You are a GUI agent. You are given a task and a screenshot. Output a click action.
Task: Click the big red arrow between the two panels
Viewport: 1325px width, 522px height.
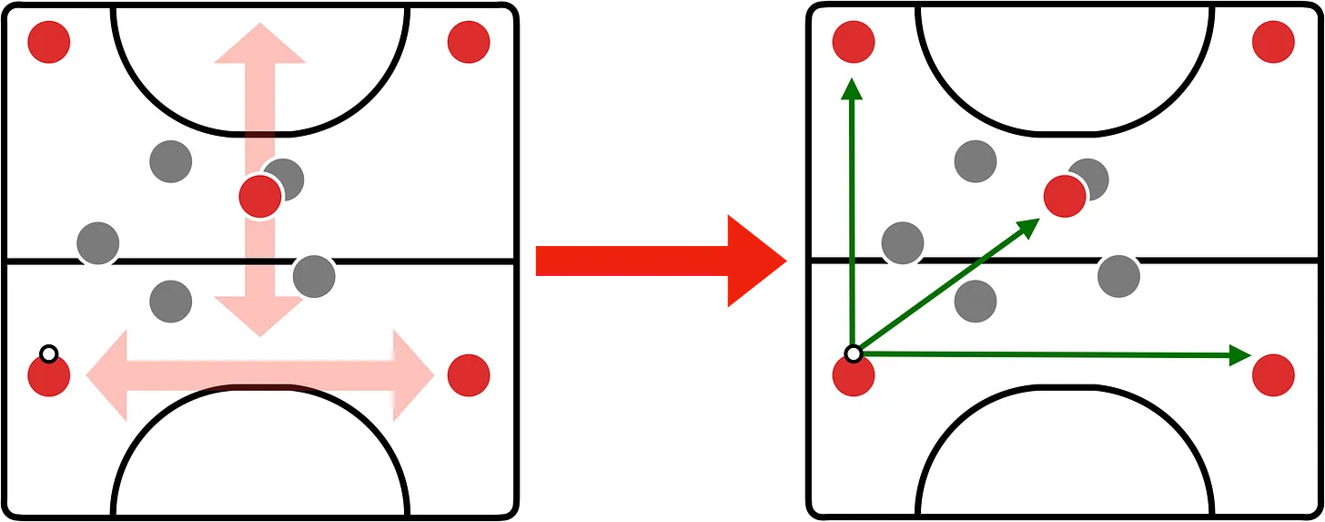click(655, 261)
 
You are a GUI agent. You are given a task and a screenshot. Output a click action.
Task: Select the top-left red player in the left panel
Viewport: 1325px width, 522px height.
click(49, 42)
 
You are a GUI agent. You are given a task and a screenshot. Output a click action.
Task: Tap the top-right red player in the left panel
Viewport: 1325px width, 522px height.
click(469, 42)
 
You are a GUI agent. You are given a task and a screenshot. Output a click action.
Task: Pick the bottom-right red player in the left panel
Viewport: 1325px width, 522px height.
click(469, 375)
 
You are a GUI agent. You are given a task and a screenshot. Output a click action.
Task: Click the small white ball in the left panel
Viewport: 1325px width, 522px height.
click(49, 353)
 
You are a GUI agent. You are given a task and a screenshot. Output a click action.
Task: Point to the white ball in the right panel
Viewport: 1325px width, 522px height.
click(853, 353)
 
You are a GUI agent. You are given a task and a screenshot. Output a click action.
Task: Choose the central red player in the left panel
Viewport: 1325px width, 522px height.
click(260, 196)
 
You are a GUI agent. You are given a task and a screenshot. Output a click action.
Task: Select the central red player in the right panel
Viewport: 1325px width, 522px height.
click(1065, 196)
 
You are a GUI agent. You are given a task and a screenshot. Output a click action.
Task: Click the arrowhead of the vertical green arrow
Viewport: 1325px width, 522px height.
click(852, 87)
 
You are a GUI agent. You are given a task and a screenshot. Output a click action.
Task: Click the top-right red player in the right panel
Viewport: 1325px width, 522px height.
click(1273, 42)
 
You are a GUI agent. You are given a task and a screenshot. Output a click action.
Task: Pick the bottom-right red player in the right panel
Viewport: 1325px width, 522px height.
click(1273, 375)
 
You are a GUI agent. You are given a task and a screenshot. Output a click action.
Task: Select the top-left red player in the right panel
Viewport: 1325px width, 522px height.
click(854, 42)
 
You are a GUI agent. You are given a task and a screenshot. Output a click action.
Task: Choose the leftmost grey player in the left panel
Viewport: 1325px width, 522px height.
click(98, 243)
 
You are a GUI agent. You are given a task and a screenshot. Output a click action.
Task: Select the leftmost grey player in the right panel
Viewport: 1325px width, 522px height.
click(903, 243)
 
